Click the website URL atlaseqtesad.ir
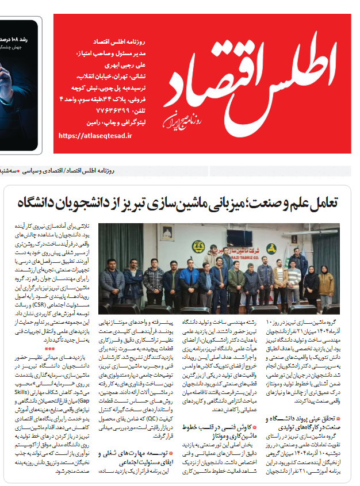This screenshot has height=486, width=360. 95,136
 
